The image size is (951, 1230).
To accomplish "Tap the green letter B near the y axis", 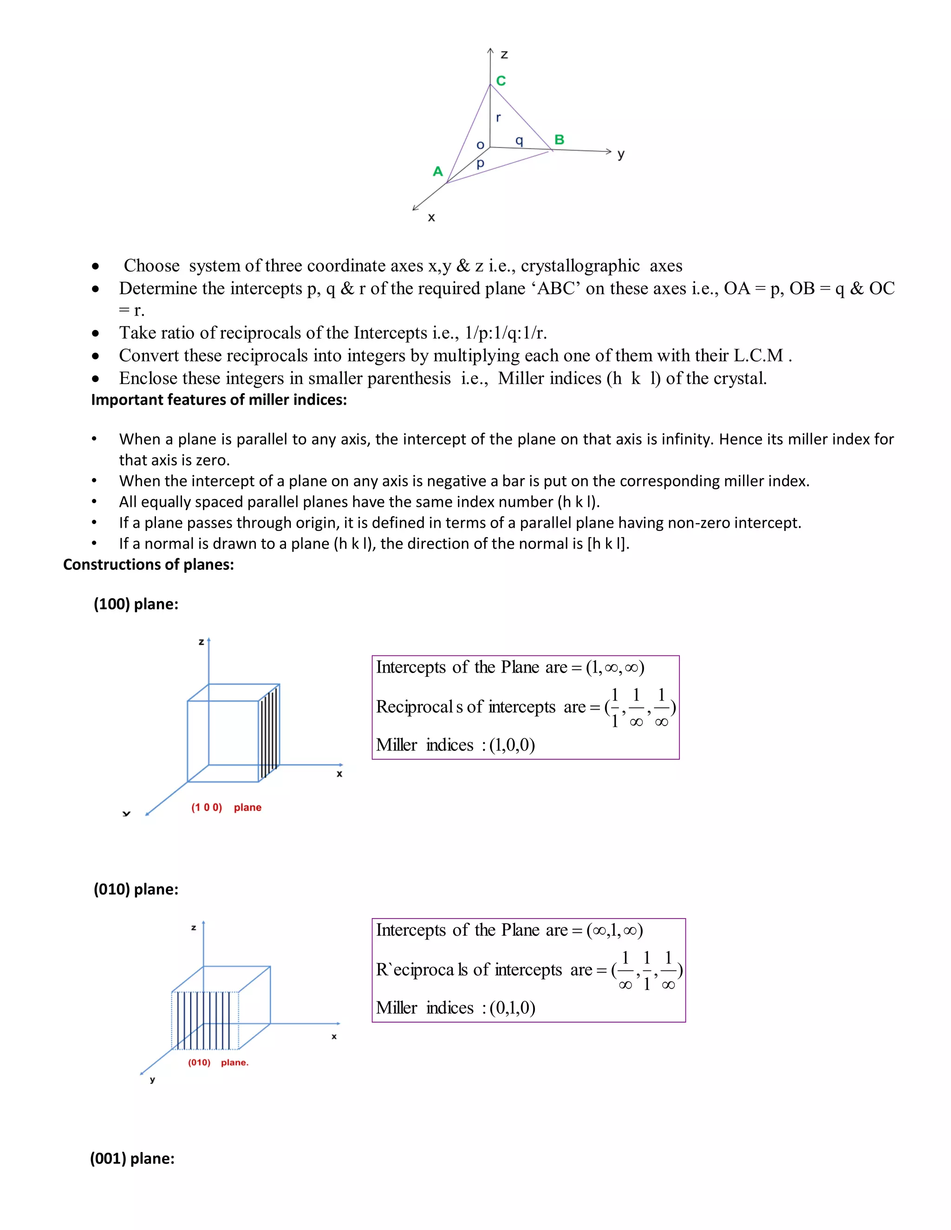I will [x=559, y=139].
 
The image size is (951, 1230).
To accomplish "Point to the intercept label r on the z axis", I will [x=498, y=118].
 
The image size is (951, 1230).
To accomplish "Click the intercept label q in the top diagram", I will [x=519, y=140].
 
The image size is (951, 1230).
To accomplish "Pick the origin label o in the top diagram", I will [x=480, y=145].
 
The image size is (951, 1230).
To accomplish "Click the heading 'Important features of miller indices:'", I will [x=219, y=399].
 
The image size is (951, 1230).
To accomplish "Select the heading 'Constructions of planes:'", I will [x=148, y=564].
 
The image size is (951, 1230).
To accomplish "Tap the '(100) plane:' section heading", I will [x=136, y=604].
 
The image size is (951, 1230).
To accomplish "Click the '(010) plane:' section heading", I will [x=136, y=889].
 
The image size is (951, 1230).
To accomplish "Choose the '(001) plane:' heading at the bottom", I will [x=132, y=1158].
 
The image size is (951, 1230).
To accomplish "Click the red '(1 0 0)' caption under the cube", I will [x=207, y=807].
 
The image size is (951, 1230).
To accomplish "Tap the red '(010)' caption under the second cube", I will [x=199, y=1062].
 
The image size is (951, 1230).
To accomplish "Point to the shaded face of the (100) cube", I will [x=269, y=732].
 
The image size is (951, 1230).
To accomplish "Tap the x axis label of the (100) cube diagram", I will [x=339, y=774].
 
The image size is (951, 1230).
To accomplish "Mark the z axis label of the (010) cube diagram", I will [x=193, y=927].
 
